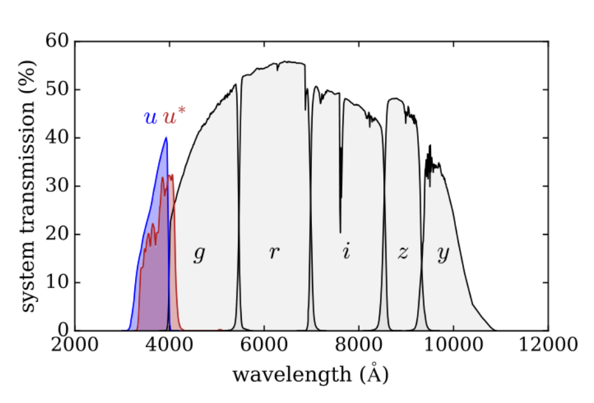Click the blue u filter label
coord(150,118)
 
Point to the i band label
coord(346,252)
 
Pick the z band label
coord(402,253)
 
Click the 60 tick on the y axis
coord(58,41)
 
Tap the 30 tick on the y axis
coord(58,186)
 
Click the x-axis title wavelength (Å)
coord(310,374)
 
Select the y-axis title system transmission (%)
coord(29,186)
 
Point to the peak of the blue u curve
coord(166,137)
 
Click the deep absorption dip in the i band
coord(340,232)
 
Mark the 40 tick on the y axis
coord(58,138)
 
